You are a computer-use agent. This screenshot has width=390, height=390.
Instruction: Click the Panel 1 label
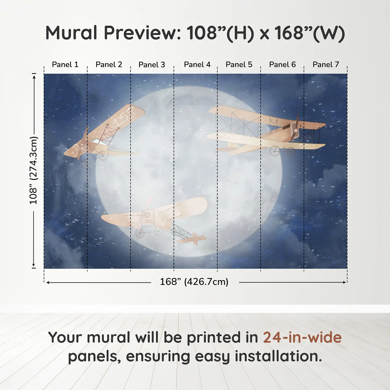point(65,65)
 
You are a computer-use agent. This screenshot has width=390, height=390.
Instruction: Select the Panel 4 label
point(197,65)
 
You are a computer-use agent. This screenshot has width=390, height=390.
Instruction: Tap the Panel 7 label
point(326,65)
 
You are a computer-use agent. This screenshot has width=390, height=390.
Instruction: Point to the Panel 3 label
point(152,65)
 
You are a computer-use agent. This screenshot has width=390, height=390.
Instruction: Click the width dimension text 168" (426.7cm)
point(194,282)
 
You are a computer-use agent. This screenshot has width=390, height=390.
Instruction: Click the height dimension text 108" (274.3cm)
point(33,170)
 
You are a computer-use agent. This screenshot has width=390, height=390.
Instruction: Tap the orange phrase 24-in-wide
point(302,337)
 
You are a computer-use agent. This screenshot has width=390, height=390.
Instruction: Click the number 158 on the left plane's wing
point(125,117)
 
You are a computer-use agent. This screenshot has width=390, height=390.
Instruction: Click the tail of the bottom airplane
point(195,238)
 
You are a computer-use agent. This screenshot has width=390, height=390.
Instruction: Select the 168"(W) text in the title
point(310,33)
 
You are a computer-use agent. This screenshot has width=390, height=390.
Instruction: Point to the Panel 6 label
point(282,65)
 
